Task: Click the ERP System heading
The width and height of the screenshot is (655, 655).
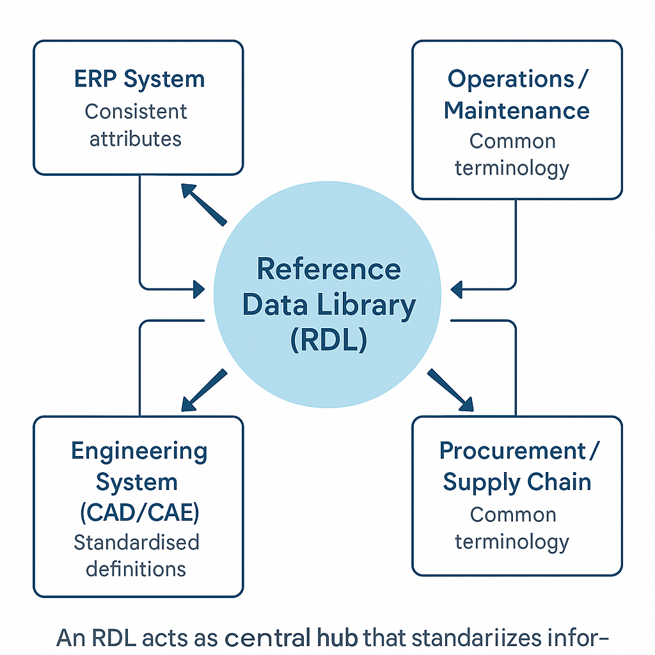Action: click(139, 79)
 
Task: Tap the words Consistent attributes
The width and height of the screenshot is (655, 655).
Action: click(136, 125)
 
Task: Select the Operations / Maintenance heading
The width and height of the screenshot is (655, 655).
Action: click(517, 94)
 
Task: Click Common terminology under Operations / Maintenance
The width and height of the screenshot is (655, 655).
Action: click(512, 154)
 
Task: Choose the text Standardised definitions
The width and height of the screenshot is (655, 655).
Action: click(136, 555)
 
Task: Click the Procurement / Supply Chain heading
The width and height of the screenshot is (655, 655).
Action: click(517, 466)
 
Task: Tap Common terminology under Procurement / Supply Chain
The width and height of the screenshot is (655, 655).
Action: click(512, 528)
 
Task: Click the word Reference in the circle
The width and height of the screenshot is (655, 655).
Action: click(329, 269)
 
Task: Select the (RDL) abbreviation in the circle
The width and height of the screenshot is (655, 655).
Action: click(328, 340)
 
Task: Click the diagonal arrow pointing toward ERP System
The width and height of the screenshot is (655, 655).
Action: click(203, 204)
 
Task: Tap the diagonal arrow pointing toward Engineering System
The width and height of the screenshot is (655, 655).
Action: click(203, 390)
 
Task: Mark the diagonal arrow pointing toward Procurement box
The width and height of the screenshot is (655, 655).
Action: click(451, 390)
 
